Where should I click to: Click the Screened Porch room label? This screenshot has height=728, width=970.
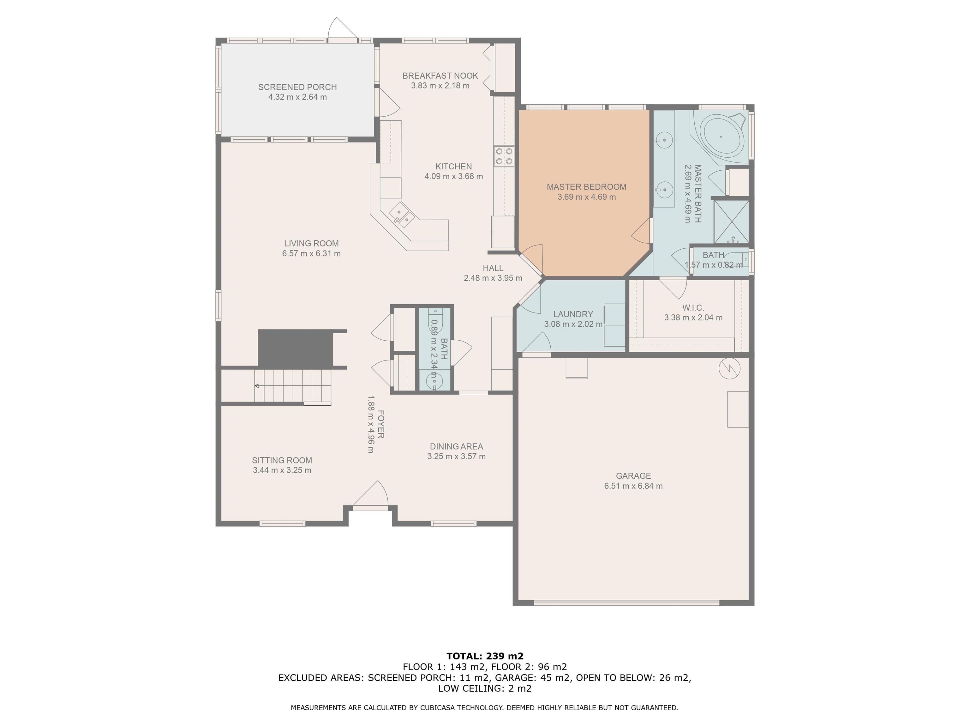click(297, 87)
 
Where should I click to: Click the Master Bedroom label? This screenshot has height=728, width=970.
click(586, 187)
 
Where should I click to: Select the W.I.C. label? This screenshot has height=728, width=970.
click(693, 308)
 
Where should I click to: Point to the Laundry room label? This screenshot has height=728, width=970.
click(573, 314)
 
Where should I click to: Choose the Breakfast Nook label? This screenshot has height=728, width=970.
click(440, 76)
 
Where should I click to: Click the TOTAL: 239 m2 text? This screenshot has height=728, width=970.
click(485, 656)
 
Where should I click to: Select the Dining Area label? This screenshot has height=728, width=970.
click(457, 446)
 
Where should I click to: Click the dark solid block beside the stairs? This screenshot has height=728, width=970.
click(295, 348)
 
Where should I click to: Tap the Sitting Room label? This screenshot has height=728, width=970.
click(282, 460)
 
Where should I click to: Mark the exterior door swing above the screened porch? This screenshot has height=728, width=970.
click(343, 28)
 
